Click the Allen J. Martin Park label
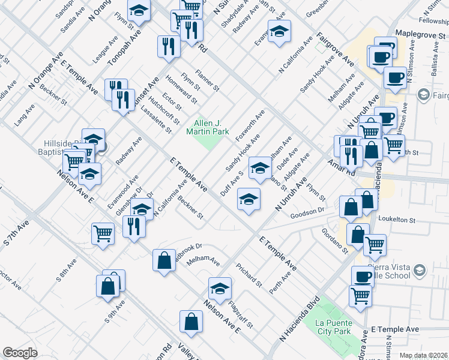208,126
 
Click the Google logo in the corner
20,352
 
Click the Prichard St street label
249,274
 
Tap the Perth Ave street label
280,281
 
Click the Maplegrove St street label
421,34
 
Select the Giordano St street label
335,240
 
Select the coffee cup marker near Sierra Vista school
363,276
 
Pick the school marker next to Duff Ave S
260,168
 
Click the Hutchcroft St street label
164,107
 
